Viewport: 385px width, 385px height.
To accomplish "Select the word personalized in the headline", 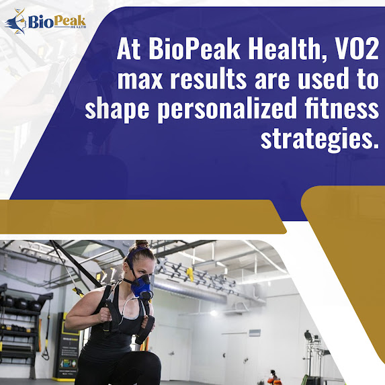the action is tap(227, 109).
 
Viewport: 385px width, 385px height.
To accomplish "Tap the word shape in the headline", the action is tap(117, 110).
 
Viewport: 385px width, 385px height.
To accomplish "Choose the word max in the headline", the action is tap(140, 81).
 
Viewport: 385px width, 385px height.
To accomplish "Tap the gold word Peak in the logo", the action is tap(69, 21).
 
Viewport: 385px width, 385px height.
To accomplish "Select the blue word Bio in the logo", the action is tap(40, 22).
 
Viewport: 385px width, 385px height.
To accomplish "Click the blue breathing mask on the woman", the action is tap(141, 286).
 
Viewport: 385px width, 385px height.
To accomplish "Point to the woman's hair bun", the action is tap(142, 244).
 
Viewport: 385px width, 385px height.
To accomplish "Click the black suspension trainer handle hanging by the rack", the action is tap(46, 353).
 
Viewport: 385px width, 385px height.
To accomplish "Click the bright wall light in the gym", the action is tap(214, 312).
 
